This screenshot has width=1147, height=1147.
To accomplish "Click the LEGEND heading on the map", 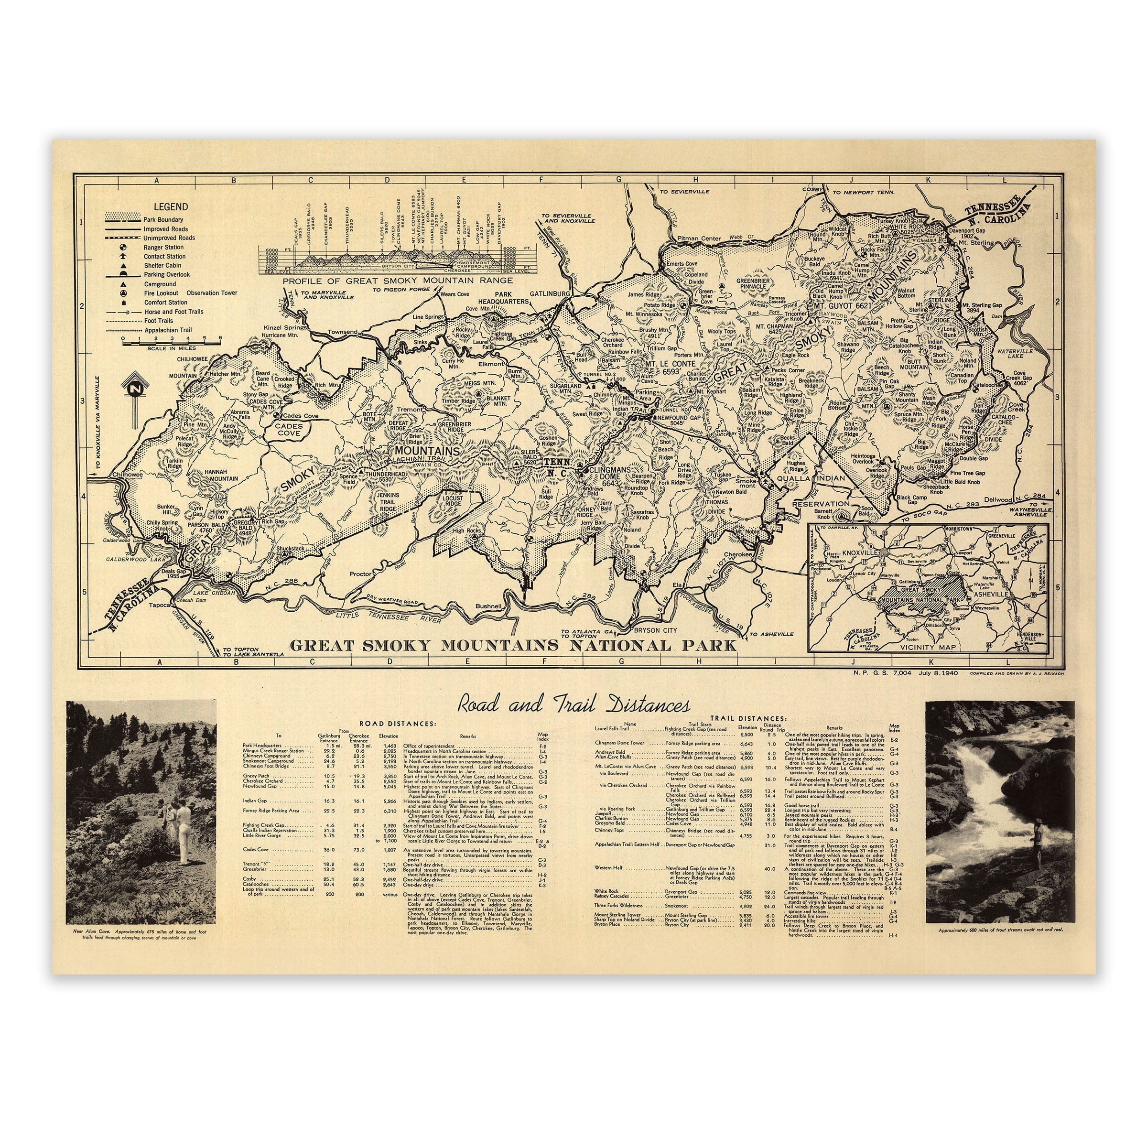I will [x=171, y=206].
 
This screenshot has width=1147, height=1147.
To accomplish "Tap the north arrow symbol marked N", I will [x=136, y=390].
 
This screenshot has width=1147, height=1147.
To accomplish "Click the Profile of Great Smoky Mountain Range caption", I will [x=397, y=280].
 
